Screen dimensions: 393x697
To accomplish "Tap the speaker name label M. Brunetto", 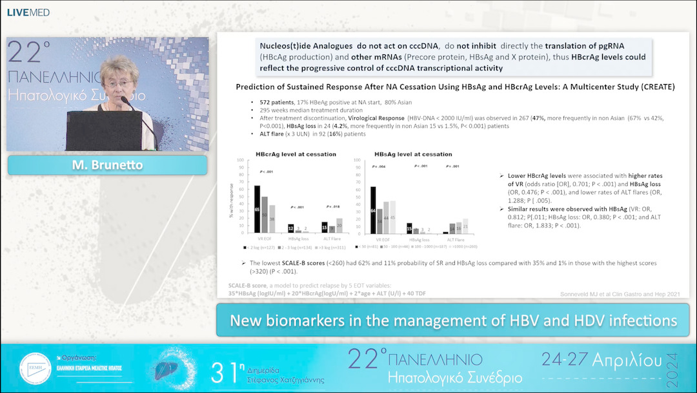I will pos(107,165).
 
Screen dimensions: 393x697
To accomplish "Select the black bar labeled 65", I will pos(257,209).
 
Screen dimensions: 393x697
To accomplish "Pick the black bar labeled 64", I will pos(372,209).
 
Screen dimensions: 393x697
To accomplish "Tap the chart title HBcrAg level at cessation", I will pos(287,154).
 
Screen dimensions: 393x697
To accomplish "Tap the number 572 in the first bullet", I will pos(265,103).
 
